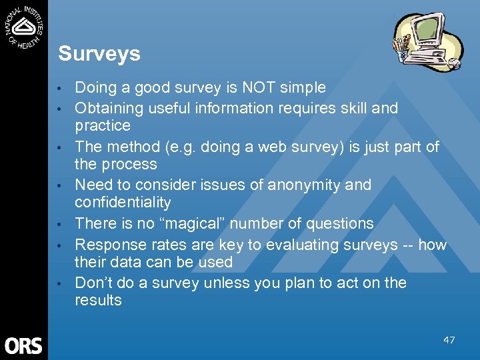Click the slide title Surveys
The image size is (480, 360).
(99, 53)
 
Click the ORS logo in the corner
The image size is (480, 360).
(23, 345)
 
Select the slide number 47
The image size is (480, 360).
(449, 340)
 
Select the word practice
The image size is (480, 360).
(103, 125)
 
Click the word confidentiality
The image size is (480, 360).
(123, 202)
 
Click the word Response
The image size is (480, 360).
(108, 245)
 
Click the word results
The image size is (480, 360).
(98, 300)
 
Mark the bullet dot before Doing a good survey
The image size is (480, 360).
(60, 89)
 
